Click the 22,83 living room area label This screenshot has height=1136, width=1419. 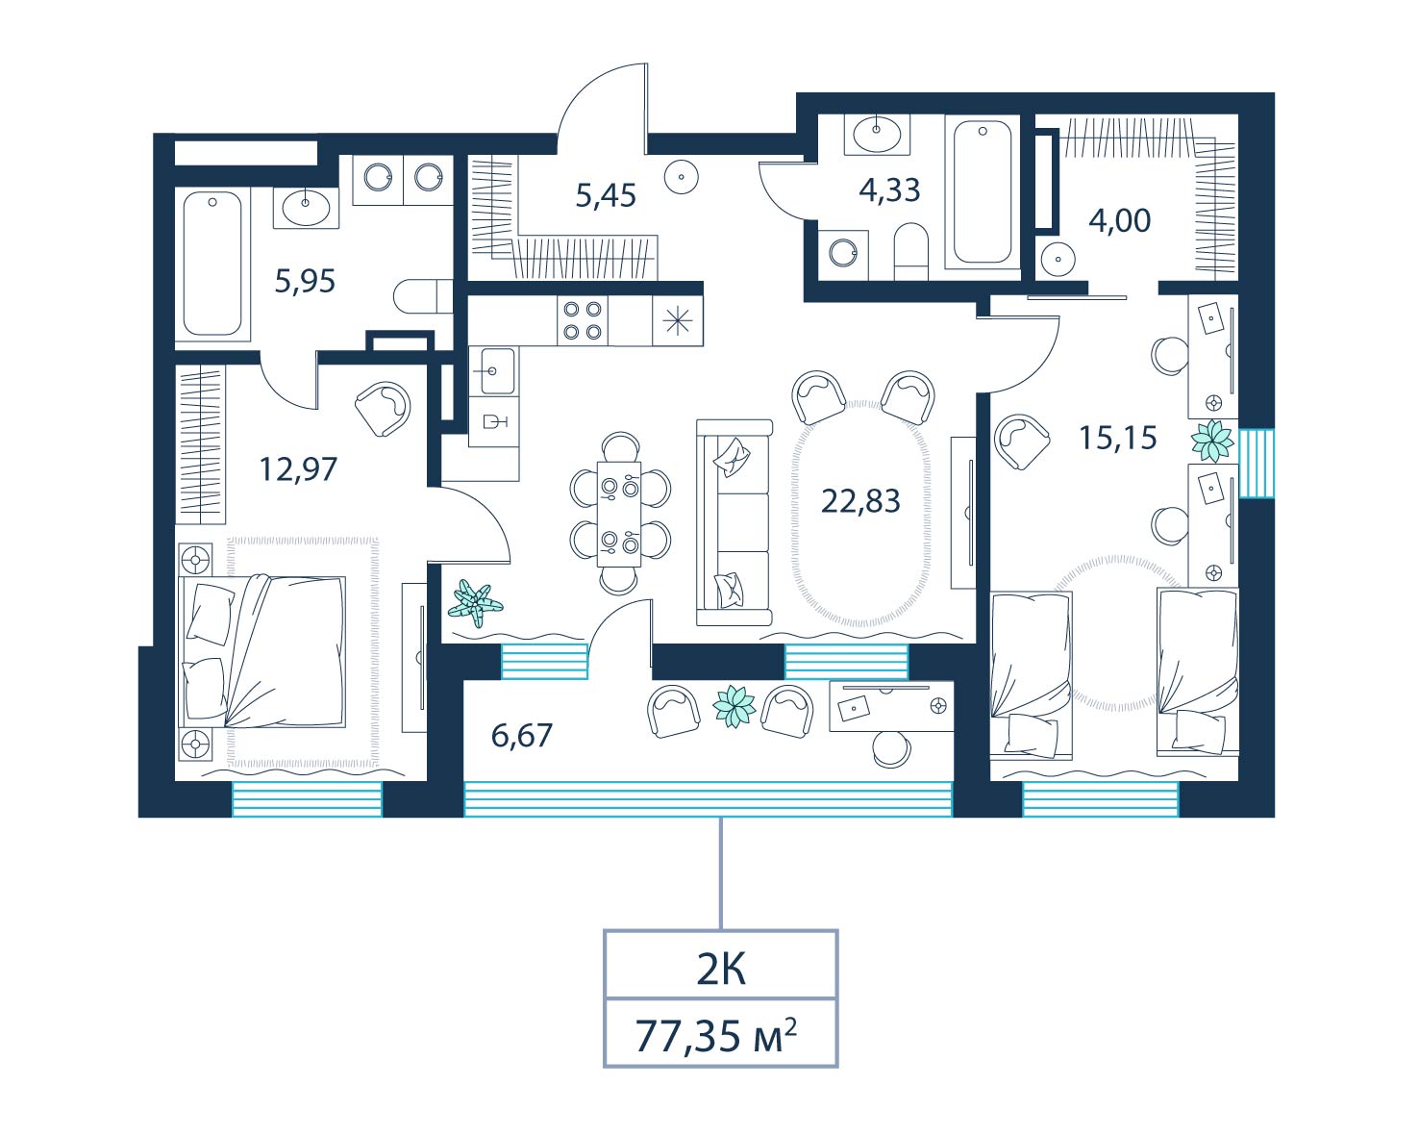point(860,502)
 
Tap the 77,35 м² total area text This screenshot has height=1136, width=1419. point(716,1036)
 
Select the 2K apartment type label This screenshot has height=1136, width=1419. point(721,971)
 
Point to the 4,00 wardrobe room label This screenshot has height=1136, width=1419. point(1120,220)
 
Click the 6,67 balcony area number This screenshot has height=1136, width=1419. point(522,736)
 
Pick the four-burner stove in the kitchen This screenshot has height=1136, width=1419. point(583,320)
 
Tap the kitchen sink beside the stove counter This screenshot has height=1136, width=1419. point(494,370)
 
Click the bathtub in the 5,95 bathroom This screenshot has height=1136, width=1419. point(212,264)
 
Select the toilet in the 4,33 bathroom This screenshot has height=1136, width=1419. point(911,251)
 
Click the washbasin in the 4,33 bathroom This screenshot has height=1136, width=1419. point(877,136)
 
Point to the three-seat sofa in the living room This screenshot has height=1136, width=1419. point(734,521)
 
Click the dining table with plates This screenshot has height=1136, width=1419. point(619,514)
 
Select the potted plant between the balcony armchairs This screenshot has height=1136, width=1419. point(734,707)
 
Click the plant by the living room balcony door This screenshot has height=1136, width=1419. point(475,603)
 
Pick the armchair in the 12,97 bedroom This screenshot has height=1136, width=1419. point(383,409)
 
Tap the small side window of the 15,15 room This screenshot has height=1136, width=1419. point(1257,463)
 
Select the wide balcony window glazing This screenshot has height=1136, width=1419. point(709,799)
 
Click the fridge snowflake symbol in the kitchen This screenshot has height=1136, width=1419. point(678,321)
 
